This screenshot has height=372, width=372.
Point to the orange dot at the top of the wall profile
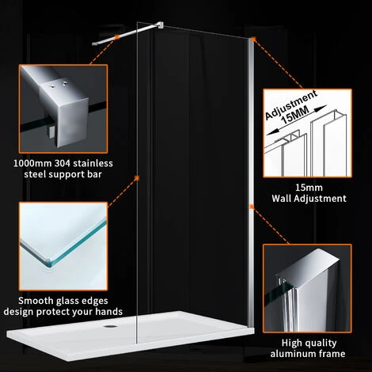[x=251, y=40]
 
